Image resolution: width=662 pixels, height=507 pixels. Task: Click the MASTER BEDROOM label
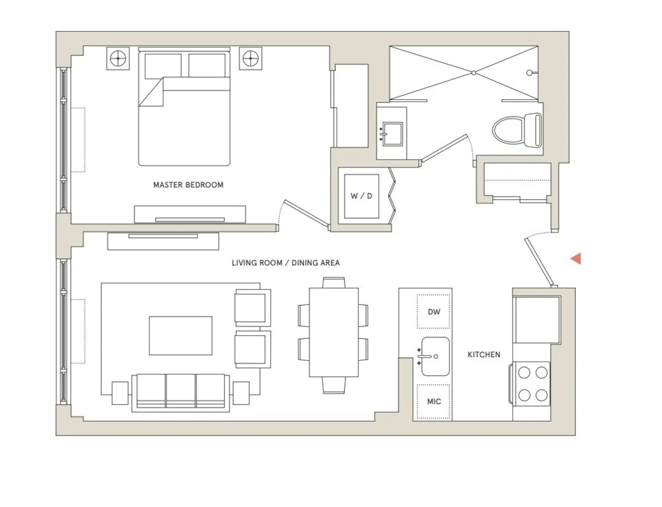click(188, 185)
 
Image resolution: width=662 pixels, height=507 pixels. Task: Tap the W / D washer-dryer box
click(361, 196)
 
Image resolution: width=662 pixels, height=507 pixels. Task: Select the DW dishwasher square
click(433, 312)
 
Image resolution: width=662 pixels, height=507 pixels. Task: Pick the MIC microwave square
click(433, 401)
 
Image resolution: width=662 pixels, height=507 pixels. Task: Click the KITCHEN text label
click(484, 355)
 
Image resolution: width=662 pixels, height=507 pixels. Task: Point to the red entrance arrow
click(576, 259)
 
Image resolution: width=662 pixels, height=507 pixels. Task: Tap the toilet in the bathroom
click(517, 130)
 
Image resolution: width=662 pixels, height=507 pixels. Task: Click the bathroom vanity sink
click(392, 134)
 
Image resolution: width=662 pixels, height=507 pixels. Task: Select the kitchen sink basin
click(435, 356)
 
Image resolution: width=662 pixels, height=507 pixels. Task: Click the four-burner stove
click(532, 384)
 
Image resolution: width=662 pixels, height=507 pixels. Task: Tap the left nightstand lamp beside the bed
click(118, 58)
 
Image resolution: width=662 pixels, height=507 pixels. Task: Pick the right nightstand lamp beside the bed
click(250, 58)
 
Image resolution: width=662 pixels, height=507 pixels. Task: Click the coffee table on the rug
click(180, 336)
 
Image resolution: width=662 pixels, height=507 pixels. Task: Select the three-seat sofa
click(180, 392)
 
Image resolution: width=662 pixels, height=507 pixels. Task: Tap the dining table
click(333, 332)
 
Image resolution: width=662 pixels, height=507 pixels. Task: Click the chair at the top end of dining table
click(333, 283)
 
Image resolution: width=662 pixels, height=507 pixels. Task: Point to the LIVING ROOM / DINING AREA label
click(285, 263)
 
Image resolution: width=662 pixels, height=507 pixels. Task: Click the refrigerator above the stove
click(536, 319)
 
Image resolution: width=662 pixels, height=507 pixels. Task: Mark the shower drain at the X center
click(473, 73)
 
